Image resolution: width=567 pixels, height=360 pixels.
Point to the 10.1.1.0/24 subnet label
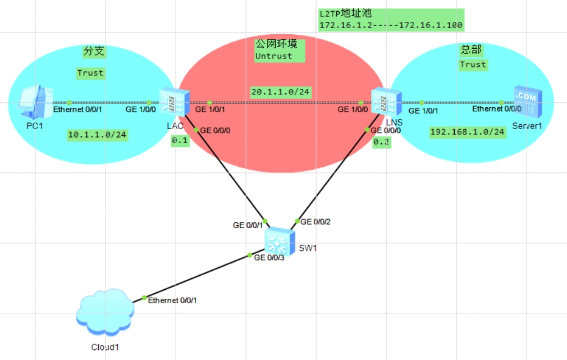point(97,135)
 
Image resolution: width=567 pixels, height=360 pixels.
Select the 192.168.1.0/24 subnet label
point(467,132)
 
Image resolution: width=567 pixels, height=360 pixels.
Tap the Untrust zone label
point(273,56)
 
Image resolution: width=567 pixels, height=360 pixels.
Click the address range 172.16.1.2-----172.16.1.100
point(390,25)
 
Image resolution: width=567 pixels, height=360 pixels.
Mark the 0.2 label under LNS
point(382,142)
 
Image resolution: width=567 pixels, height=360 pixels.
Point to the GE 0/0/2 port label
point(315,222)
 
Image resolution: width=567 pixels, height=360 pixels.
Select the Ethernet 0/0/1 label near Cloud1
point(172,300)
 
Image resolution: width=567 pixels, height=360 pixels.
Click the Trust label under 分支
point(90,73)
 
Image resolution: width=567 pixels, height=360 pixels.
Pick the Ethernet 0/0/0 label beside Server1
point(496,109)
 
